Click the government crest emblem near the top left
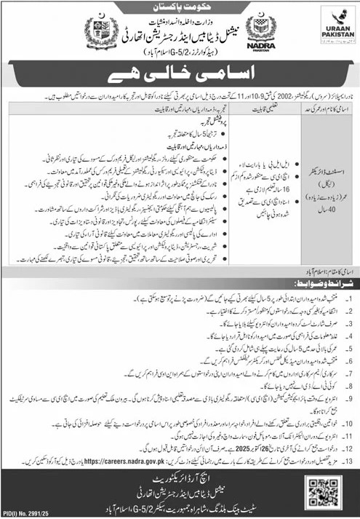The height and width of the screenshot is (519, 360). [x=97, y=32]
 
